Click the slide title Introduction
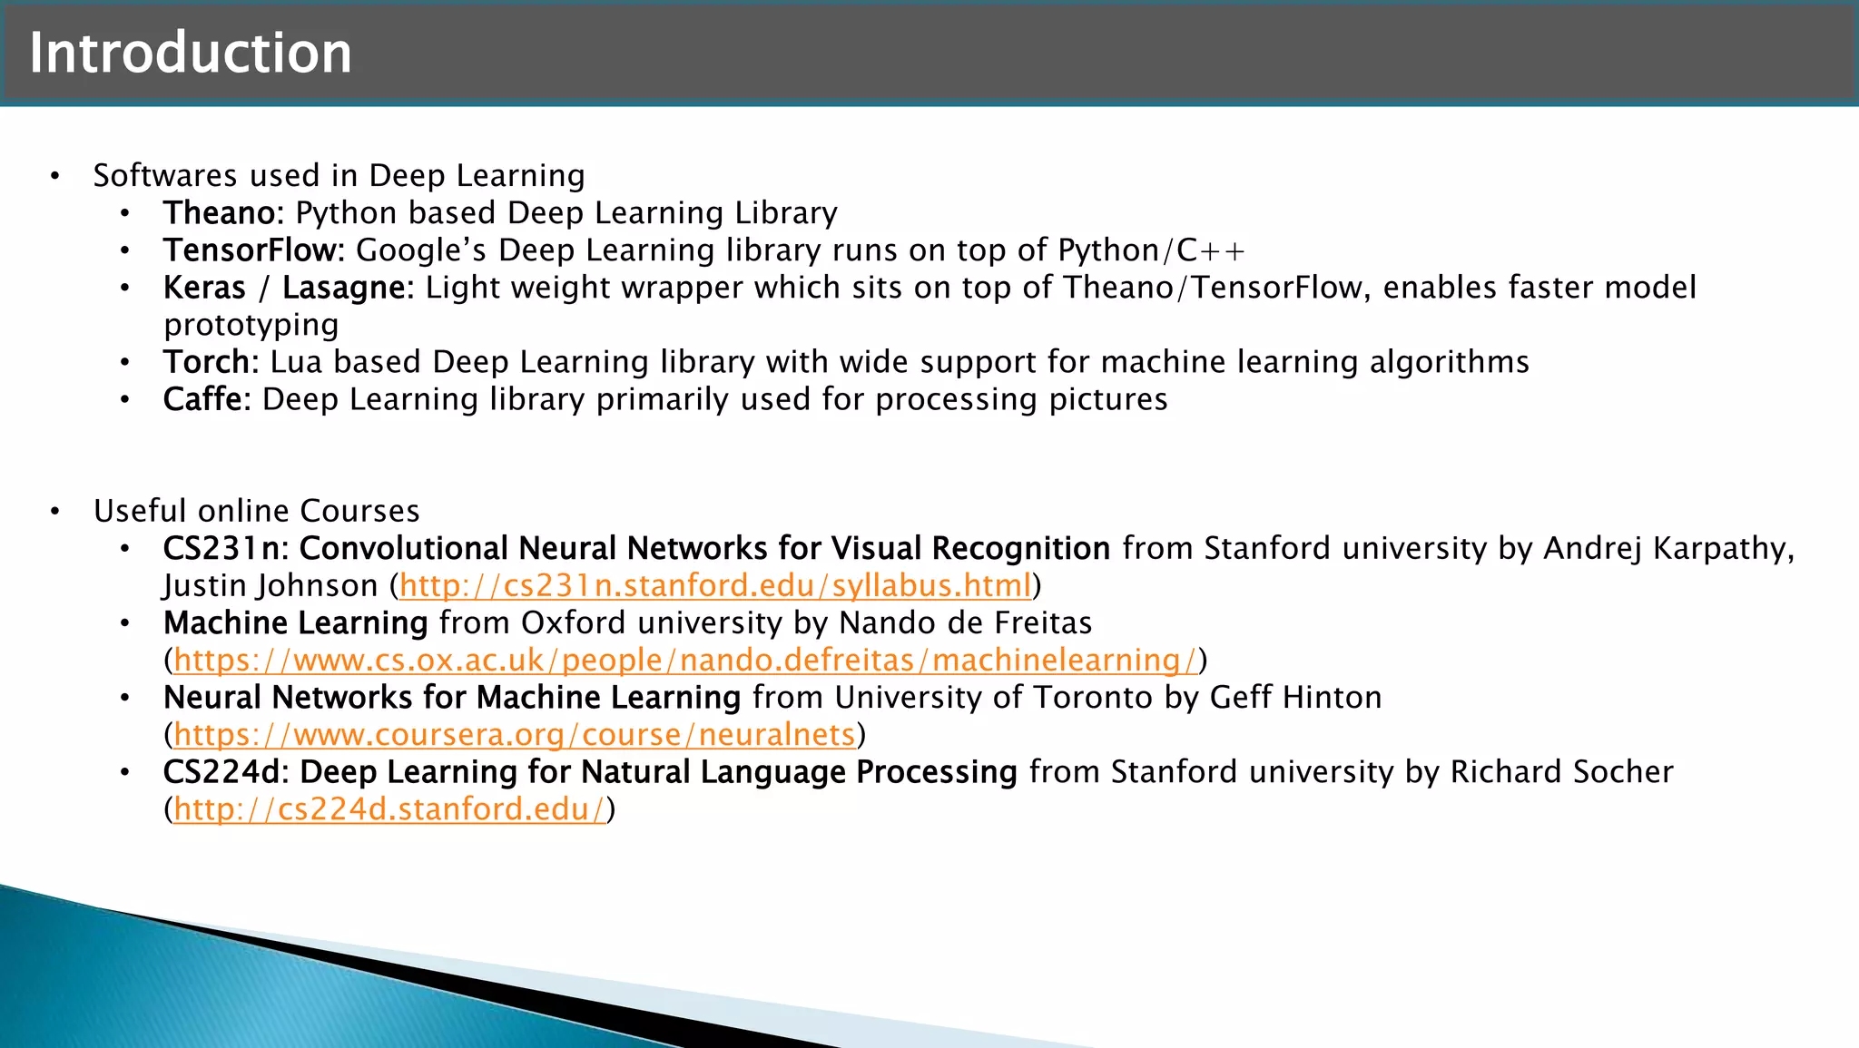[x=190, y=53]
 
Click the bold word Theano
[x=219, y=213]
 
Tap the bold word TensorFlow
[x=251, y=250]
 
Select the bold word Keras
[x=204, y=288]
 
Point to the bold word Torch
[x=206, y=362]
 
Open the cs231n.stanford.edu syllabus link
[x=715, y=586]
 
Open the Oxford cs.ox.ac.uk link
[x=685, y=661]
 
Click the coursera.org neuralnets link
[x=515, y=735]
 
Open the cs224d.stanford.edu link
[x=389, y=809]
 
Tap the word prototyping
[x=251, y=325]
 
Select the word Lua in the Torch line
[x=296, y=362]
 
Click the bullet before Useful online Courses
[x=55, y=512]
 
